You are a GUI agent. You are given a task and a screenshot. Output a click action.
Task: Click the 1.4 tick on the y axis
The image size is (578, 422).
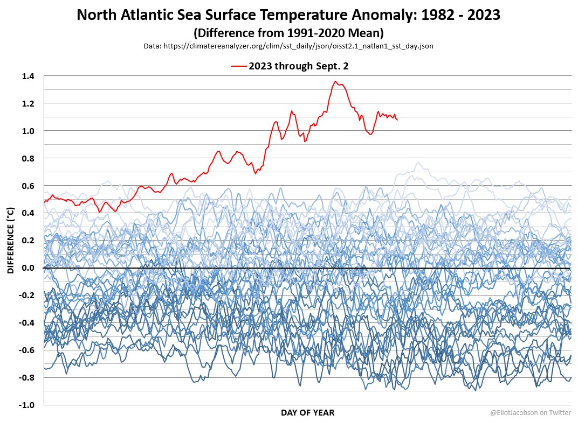tap(28, 76)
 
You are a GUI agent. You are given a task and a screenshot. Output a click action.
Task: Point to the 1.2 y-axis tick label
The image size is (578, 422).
tap(28, 103)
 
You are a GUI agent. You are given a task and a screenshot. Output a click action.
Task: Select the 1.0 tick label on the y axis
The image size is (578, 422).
tap(28, 131)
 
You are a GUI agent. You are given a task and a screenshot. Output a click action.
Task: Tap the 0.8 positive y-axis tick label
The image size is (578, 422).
tap(28, 158)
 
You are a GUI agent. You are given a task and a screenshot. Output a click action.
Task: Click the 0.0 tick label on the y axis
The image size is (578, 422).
tap(28, 268)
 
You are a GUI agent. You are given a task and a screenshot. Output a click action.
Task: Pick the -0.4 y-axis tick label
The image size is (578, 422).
tap(27, 322)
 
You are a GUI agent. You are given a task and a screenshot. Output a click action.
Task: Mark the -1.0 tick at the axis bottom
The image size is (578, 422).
tap(27, 405)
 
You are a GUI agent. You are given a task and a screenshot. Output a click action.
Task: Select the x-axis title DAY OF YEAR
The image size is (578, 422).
tap(307, 413)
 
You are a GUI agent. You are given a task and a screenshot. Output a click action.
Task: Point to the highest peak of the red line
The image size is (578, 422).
tap(335, 81)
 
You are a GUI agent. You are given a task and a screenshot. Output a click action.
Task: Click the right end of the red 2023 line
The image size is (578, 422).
tap(397, 119)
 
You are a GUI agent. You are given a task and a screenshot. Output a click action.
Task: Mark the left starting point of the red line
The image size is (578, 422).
tap(44, 202)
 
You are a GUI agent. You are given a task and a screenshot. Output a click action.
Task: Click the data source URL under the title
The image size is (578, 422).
tap(288, 46)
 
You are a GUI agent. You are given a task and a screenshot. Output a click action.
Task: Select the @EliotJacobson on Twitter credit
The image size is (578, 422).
tap(530, 412)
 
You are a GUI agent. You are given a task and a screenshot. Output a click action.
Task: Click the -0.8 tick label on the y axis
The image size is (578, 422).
tap(27, 377)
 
